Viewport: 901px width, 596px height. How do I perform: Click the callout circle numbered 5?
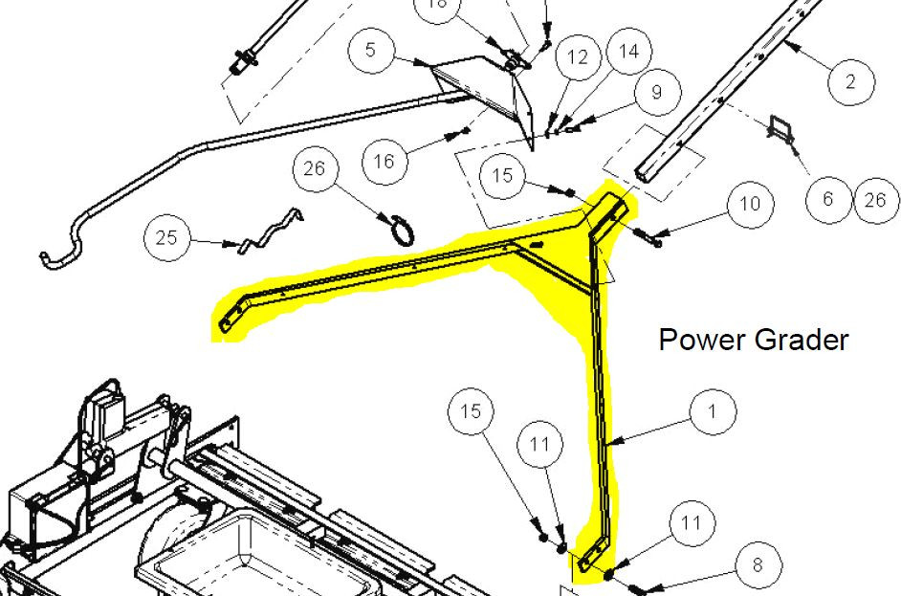point(371,50)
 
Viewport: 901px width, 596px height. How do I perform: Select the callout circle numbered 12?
point(578,56)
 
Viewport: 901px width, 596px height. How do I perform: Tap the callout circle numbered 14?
point(629,51)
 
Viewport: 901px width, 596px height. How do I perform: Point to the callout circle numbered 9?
point(657,92)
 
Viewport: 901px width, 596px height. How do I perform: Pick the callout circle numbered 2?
point(851,81)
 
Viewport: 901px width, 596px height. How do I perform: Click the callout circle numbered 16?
point(385,162)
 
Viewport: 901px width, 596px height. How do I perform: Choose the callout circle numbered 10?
point(750,204)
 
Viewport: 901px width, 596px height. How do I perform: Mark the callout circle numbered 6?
point(828,199)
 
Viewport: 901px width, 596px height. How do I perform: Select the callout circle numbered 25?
point(167,237)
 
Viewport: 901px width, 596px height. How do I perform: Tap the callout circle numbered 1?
point(713,411)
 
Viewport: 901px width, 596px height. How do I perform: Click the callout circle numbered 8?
point(758,564)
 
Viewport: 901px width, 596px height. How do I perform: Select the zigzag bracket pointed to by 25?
point(270,230)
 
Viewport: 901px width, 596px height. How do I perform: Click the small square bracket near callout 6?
point(780,129)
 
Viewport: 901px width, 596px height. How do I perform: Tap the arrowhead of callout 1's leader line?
point(612,442)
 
